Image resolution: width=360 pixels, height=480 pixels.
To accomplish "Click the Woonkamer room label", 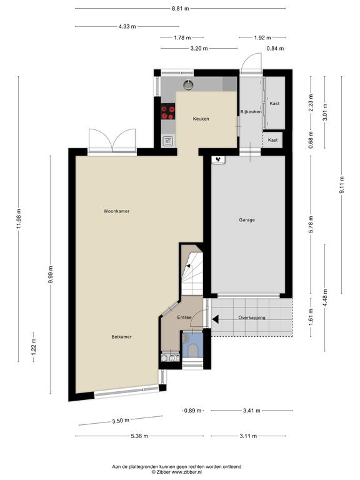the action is click(x=116, y=211).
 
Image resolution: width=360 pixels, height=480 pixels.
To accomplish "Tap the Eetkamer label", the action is click(x=121, y=337).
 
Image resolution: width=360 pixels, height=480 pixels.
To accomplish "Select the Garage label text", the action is click(x=247, y=220).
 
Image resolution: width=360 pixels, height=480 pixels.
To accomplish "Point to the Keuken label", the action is click(x=201, y=119).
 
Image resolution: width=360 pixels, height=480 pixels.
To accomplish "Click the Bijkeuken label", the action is click(x=251, y=112).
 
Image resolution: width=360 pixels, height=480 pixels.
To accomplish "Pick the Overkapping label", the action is click(x=252, y=317).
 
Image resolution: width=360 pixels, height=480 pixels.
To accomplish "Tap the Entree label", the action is click(x=184, y=317).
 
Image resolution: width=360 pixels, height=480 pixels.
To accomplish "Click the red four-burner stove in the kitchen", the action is click(x=168, y=111).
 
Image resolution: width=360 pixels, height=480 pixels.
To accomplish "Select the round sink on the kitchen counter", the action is click(x=189, y=84).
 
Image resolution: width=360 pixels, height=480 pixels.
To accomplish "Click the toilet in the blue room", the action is click(x=192, y=349).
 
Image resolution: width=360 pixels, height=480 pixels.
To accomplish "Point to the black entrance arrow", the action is click(x=215, y=319).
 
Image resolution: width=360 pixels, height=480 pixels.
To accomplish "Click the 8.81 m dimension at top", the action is click(x=180, y=9).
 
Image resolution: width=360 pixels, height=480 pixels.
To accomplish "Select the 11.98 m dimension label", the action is click(x=19, y=219).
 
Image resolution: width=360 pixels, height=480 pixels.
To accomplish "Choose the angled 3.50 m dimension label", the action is click(x=120, y=421).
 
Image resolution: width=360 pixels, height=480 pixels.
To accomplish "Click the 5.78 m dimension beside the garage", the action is click(x=311, y=225).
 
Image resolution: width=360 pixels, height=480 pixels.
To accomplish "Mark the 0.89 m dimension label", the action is click(x=192, y=411).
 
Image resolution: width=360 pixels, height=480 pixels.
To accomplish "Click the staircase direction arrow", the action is click(x=188, y=266).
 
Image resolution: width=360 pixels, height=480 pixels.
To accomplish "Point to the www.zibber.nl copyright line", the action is click(x=177, y=472).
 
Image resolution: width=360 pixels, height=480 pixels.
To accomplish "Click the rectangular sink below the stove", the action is click(x=168, y=141).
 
